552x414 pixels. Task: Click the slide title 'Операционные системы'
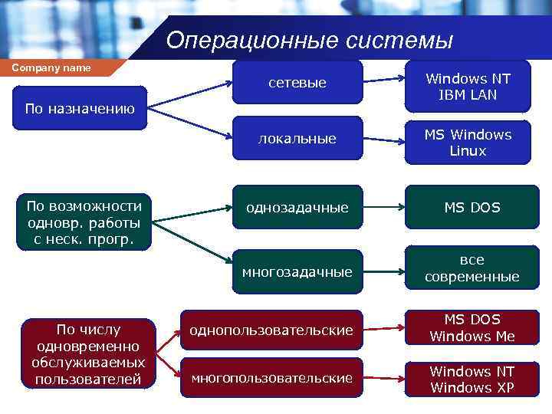pos(310,39)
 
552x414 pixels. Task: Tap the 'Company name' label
pos(51,67)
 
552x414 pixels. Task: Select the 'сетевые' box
pos(297,83)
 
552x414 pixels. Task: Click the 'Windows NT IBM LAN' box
pos(468,87)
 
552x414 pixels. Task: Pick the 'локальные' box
pos(297,139)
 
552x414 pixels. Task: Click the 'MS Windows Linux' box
pos(468,143)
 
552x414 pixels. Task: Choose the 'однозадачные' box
pos(297,207)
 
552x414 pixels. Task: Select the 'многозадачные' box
pos(297,271)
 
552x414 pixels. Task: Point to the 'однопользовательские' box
pos(271,330)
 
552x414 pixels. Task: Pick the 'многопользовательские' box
pos(271,377)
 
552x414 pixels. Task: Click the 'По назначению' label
pos(80,109)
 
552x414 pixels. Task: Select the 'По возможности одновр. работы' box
pos(84,222)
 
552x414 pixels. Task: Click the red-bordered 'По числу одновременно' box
pos(88,353)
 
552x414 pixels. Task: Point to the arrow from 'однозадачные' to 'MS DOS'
pos(383,207)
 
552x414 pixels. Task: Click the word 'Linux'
pos(468,151)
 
